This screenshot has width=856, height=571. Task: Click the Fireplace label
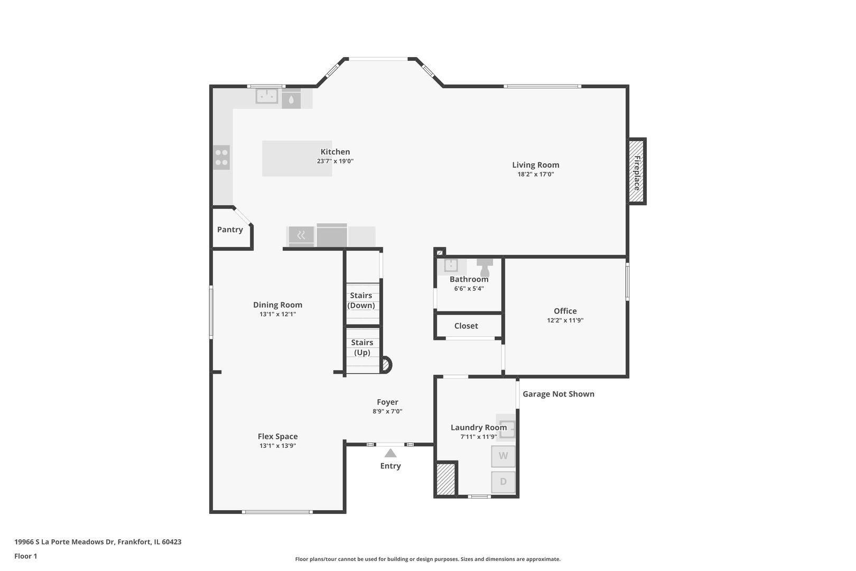pos(637,173)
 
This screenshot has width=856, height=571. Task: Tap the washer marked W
pos(503,456)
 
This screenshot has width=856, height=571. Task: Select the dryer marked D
pos(503,482)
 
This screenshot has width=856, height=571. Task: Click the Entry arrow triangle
pos(390,453)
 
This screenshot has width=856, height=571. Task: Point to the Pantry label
pos(230,229)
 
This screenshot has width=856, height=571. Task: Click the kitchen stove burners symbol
pos(221,158)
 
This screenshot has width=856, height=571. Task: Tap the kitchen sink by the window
pos(267,96)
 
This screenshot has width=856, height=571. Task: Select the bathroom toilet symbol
pos(485,267)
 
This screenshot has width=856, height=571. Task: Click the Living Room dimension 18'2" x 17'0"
pos(536,174)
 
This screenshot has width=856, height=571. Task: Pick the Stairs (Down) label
pos(361,300)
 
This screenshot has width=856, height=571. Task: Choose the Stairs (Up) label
pos(362,347)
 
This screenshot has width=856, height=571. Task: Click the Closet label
pos(466,326)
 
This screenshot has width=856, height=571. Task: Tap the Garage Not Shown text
pos(559,394)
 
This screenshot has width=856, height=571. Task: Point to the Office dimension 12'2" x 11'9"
pos(565,320)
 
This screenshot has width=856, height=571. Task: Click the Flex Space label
pos(278,436)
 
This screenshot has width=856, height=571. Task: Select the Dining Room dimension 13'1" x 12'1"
pos(278,315)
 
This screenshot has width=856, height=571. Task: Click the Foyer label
pos(387,402)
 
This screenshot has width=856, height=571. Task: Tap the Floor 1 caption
pos(25,556)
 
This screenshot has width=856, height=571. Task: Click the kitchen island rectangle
pos(297,158)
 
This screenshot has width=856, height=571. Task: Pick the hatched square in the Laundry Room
pos(446,480)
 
